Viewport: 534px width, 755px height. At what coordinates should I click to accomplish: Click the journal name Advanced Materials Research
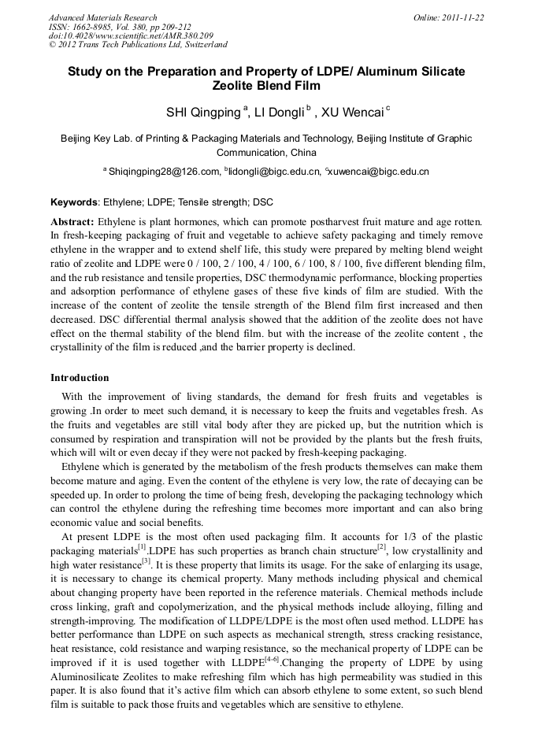[x=102, y=17]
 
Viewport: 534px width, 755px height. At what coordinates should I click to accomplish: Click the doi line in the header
[x=131, y=36]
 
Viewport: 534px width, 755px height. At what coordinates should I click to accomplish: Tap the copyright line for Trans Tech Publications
[x=138, y=45]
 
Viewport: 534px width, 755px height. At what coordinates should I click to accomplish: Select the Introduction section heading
[x=80, y=378]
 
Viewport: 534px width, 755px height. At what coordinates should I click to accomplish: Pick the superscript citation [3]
[x=146, y=561]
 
